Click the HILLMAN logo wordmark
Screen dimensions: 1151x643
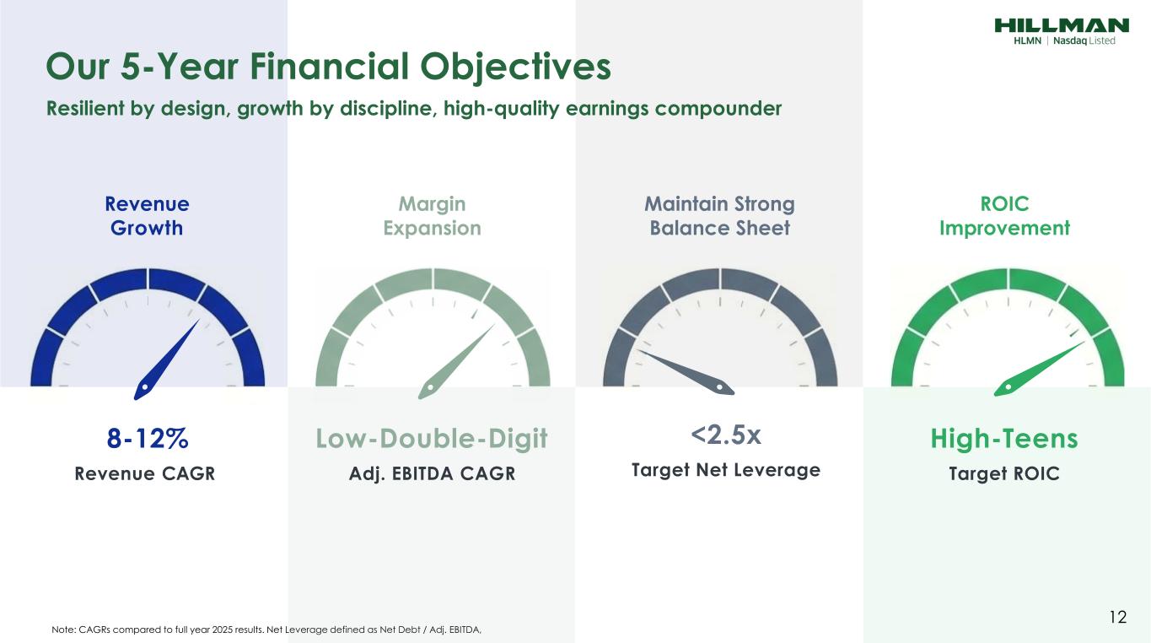(x=1062, y=25)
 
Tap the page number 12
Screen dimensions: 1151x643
(x=1118, y=617)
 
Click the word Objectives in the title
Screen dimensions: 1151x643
(x=515, y=68)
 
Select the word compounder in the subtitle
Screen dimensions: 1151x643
(x=718, y=109)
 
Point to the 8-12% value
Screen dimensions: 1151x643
(x=148, y=439)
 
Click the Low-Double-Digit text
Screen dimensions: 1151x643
(x=432, y=439)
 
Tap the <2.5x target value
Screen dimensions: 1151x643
(x=725, y=435)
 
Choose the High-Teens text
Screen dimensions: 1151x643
(x=1004, y=439)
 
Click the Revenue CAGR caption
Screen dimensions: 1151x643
(x=145, y=473)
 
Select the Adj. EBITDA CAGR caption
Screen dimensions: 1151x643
(x=432, y=474)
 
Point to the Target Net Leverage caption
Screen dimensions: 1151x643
(x=725, y=470)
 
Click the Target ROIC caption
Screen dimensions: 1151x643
(x=1004, y=473)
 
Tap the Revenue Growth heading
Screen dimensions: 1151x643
(x=147, y=216)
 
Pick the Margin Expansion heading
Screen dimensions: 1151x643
(x=432, y=216)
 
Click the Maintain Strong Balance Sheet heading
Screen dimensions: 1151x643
(x=719, y=216)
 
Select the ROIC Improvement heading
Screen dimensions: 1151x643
(x=1004, y=216)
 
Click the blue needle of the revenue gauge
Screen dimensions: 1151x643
(x=165, y=361)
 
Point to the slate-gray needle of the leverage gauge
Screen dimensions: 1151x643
(x=686, y=371)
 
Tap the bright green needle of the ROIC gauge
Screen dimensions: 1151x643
(x=1039, y=369)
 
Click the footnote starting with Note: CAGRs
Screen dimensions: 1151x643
(x=266, y=629)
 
